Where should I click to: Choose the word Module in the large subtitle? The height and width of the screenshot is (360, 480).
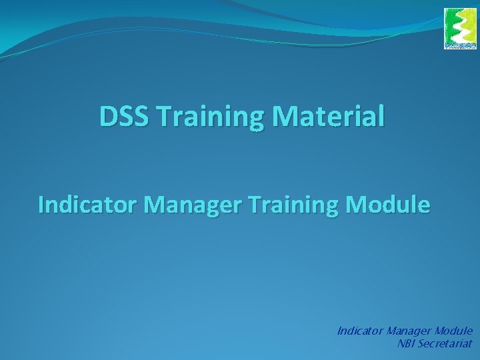pos(389,204)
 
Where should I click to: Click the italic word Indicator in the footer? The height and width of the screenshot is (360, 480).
pos(360,331)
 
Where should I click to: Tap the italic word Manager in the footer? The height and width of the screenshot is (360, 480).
pos(409,331)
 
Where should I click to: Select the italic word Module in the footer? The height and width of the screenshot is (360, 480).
pos(454,331)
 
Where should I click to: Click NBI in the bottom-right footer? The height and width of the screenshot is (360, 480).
pos(405,344)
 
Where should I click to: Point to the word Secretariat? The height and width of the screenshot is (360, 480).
pos(445,344)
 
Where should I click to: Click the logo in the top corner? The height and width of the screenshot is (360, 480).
pos(461,29)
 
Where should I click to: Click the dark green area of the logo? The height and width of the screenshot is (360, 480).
pos(470,27)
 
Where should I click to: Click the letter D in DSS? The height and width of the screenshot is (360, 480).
pos(107,117)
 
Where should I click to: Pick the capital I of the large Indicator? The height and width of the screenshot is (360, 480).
pos(42,204)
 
